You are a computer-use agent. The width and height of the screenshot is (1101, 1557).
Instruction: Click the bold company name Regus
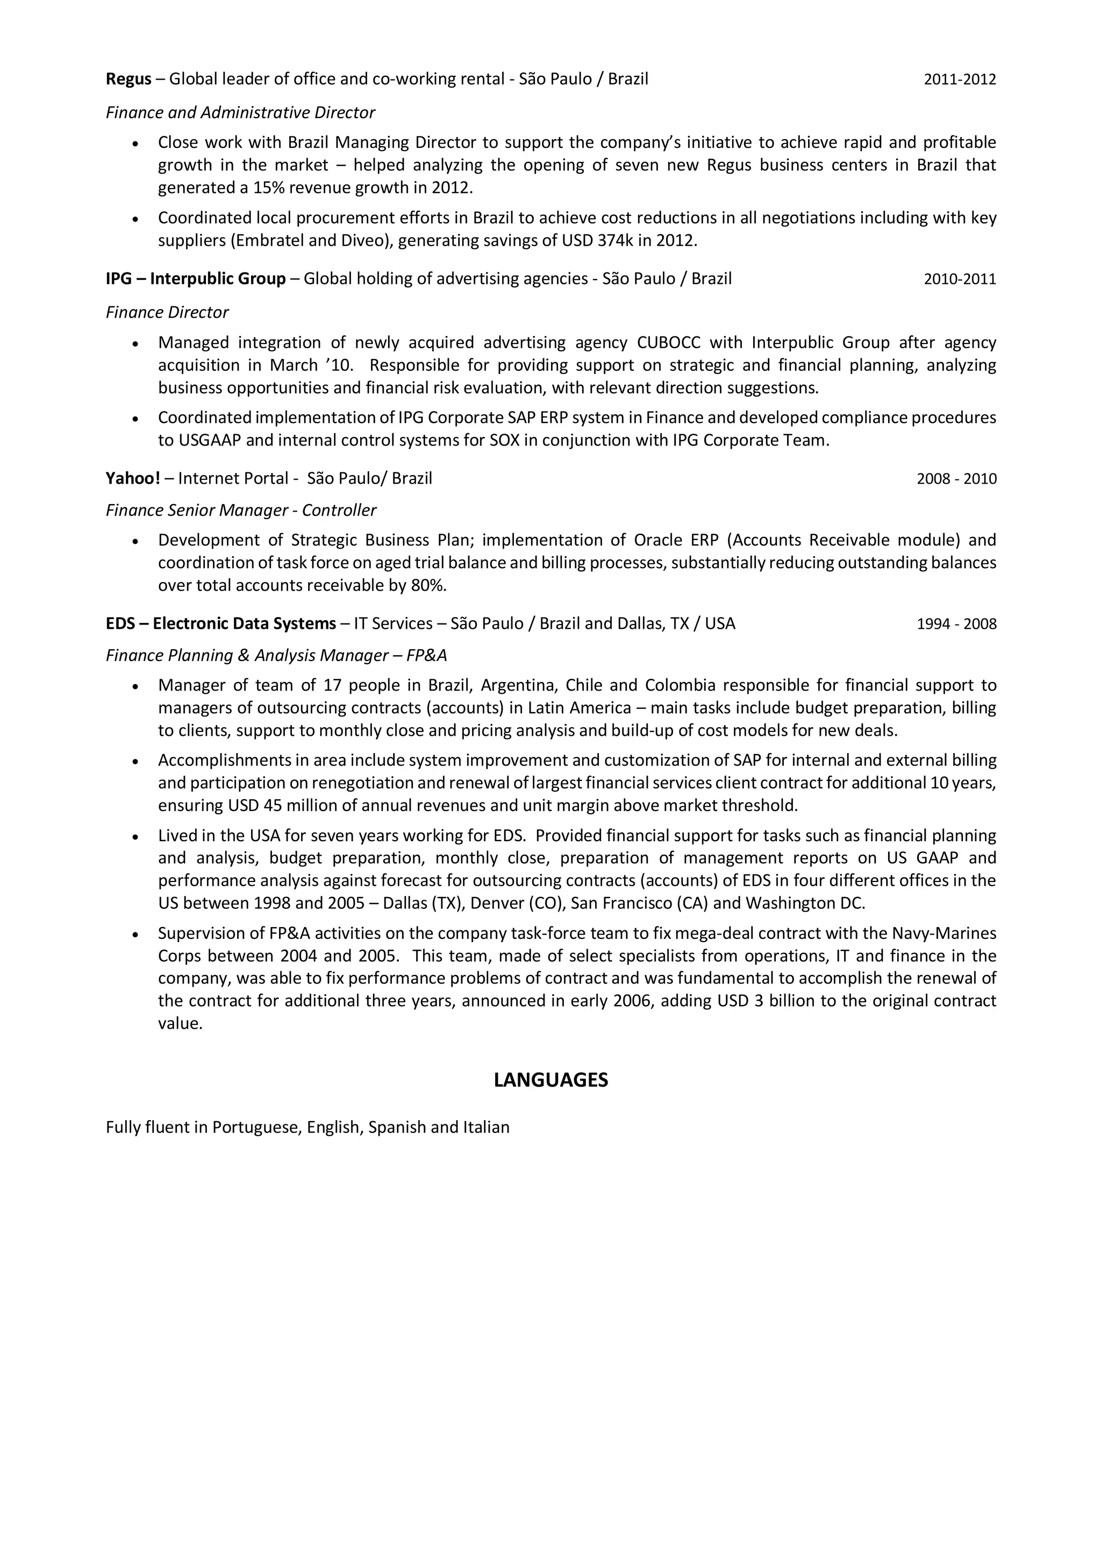(x=128, y=80)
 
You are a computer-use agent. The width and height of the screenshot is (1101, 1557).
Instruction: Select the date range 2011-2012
(x=959, y=80)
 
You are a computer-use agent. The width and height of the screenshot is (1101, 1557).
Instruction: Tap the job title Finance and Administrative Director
(x=240, y=112)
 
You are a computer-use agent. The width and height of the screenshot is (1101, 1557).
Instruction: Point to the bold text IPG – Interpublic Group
(x=195, y=279)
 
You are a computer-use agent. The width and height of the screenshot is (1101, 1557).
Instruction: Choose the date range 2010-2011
(x=959, y=279)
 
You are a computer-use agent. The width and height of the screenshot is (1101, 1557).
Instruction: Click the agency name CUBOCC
(x=668, y=342)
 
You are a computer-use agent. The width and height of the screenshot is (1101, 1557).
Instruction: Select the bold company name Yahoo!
(x=133, y=479)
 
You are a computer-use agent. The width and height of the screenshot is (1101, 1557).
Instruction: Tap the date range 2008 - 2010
(x=956, y=479)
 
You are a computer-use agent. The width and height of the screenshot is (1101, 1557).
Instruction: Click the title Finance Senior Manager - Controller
(x=240, y=511)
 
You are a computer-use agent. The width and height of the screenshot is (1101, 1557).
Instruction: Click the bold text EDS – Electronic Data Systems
(x=220, y=624)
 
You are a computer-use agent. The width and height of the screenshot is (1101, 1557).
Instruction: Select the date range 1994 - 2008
(x=956, y=625)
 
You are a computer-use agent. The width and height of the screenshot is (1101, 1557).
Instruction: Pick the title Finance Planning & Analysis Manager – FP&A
(x=276, y=656)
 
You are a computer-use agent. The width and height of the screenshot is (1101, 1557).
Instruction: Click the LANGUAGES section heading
(x=550, y=1080)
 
